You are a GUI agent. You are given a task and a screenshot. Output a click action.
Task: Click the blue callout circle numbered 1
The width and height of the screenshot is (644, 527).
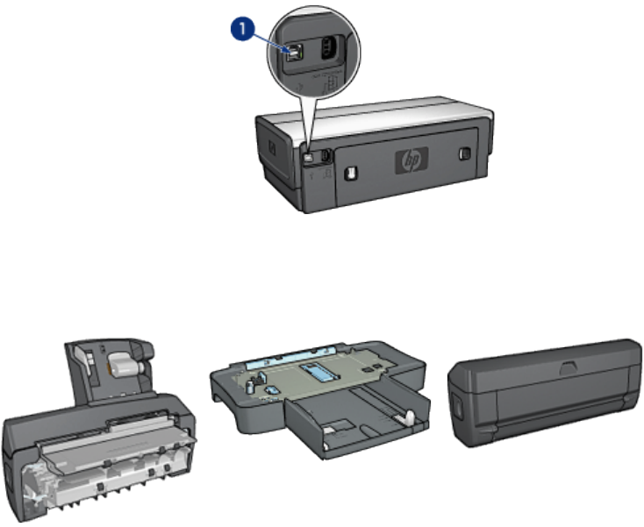[242, 29]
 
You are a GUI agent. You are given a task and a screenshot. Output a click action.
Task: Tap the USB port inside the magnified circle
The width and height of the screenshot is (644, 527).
[293, 53]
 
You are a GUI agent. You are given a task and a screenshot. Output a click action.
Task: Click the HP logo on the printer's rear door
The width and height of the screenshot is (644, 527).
[411, 160]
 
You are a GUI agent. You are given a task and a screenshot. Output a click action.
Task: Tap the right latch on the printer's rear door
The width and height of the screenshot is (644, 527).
[464, 153]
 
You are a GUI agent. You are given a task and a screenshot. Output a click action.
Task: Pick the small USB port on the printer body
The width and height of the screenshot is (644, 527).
[308, 157]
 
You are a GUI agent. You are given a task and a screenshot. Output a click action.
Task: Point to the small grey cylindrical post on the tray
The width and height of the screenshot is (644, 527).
[249, 386]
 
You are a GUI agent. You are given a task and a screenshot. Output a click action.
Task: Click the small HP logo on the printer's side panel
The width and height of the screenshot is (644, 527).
[271, 148]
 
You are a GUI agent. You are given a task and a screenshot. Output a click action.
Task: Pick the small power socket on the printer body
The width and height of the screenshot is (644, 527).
[325, 155]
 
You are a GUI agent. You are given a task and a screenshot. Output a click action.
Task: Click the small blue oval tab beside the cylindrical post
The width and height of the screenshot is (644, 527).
[270, 389]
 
